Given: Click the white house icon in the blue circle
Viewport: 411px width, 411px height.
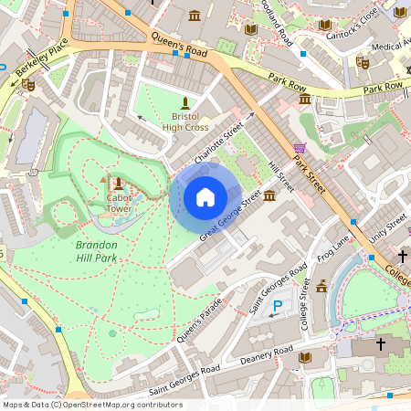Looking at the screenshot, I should pos(205,196).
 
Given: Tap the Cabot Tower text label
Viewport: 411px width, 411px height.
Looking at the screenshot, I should pos(120,202).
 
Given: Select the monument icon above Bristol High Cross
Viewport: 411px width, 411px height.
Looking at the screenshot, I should pos(186,100).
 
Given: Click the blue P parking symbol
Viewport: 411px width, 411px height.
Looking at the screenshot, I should pos(279,307).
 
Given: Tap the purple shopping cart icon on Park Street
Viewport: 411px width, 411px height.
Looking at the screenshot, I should pos(300,148).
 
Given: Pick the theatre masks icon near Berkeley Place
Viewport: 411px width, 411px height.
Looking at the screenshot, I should pos(29,85).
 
